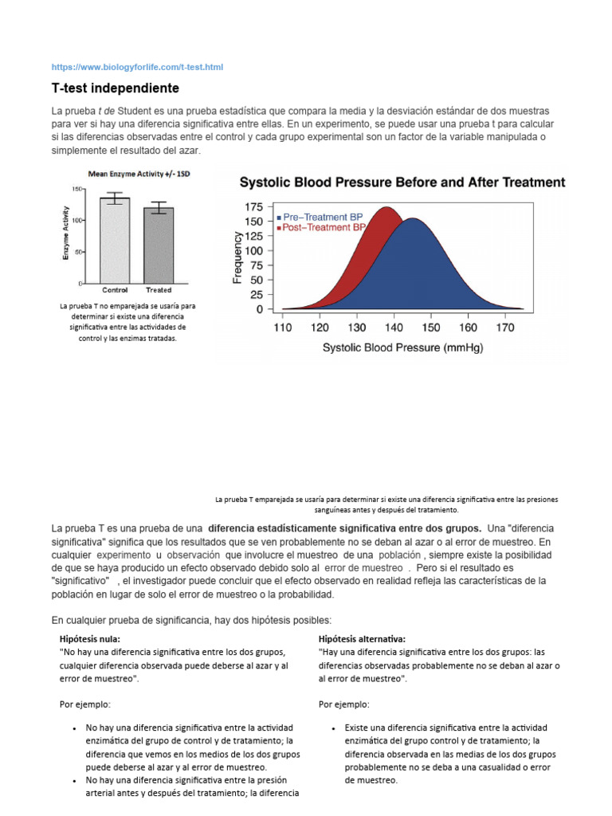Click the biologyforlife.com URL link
click(x=137, y=67)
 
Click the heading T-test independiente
click(x=116, y=88)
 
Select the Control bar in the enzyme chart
click(x=115, y=239)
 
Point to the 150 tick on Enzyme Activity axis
click(x=77, y=189)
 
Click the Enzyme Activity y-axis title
click(x=65, y=232)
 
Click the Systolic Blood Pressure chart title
click(x=402, y=182)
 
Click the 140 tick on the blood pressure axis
click(x=393, y=327)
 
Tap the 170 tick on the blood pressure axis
click(x=504, y=327)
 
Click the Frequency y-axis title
click(x=237, y=257)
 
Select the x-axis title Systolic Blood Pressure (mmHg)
click(x=402, y=348)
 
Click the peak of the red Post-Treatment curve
click(x=387, y=209)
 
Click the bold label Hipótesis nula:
click(x=90, y=639)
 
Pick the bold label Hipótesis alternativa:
click(x=362, y=639)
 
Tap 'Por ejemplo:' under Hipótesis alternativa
click(x=344, y=704)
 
